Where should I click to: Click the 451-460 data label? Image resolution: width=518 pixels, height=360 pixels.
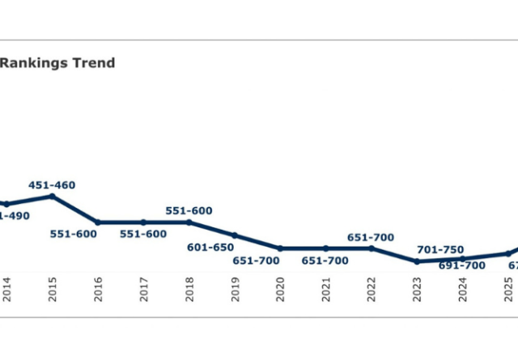coord(52,185)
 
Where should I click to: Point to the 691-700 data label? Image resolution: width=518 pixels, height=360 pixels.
coord(462,265)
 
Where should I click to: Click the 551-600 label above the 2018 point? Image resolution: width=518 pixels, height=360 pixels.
coord(189,211)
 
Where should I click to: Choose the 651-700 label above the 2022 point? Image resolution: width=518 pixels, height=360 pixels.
coord(371,237)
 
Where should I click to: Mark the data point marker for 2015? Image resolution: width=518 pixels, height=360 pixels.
coord(52,196)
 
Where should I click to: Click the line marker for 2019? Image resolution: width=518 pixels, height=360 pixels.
coord(235,235)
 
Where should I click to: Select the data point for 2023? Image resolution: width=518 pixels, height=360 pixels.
coord(417,261)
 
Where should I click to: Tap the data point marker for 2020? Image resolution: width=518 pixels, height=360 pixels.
coord(280,248)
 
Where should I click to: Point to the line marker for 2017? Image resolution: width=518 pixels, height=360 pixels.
coord(143,222)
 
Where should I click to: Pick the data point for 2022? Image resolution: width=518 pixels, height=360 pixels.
coord(372,248)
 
